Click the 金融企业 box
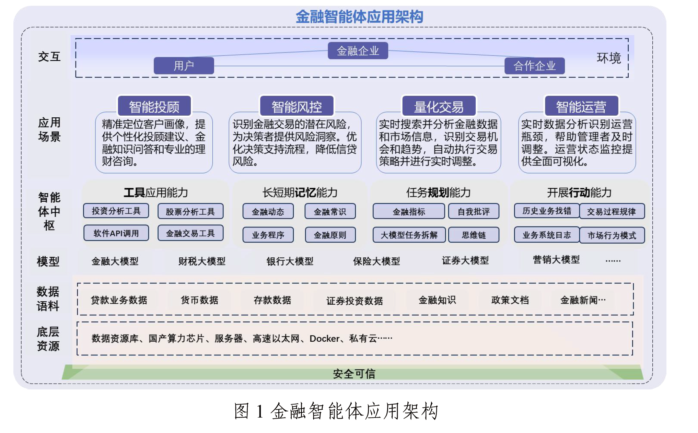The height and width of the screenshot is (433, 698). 358,51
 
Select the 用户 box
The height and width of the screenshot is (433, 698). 184,66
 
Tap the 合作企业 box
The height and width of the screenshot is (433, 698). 534,66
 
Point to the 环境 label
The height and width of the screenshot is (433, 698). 608,58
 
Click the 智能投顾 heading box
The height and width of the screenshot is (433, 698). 154,107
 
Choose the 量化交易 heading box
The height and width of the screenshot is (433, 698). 439,107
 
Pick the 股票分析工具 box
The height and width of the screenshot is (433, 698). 190,211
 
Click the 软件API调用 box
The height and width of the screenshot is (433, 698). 116,233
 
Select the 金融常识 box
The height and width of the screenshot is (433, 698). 330,212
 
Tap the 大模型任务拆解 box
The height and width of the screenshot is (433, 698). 409,235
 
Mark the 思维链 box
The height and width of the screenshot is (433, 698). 474,235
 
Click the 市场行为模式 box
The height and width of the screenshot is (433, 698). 612,235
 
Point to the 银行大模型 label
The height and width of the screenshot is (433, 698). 290,261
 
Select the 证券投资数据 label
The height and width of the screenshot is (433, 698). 354,301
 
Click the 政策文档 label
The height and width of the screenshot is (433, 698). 510,300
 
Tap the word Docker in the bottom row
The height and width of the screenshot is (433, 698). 324,339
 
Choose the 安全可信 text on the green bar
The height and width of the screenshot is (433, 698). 354,374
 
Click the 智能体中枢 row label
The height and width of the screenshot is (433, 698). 49,211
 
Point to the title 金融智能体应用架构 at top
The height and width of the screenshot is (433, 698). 359,16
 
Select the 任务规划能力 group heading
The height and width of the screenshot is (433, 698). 438,192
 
